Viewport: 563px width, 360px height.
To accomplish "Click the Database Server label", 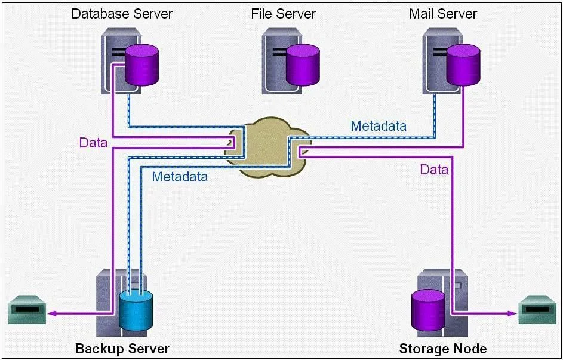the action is coord(122,14).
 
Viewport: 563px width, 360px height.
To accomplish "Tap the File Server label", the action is coord(284,14).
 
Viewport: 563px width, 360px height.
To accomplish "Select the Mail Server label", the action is coord(443,14).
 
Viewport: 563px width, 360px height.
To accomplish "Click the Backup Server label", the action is coord(122,349).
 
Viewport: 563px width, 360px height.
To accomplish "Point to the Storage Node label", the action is coord(443,349).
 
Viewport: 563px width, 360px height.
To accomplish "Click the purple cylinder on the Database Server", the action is coord(141,65).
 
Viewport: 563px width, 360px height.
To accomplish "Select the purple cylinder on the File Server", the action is coord(303,65).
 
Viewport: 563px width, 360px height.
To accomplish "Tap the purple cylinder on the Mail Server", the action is coord(463,65).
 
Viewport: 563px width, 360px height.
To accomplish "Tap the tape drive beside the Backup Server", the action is coord(27,309).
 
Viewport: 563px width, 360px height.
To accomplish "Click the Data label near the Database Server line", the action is coord(93,143).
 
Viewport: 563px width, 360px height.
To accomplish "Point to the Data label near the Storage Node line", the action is coord(434,170).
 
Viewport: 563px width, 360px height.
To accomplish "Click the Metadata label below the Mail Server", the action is coord(379,126).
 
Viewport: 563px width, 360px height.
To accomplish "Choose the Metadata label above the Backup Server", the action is coord(180,177).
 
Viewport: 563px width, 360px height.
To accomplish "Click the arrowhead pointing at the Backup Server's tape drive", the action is coord(52,313).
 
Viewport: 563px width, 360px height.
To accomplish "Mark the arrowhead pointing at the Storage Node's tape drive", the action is coord(512,313).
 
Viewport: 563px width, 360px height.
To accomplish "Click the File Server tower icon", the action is coord(282,60).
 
